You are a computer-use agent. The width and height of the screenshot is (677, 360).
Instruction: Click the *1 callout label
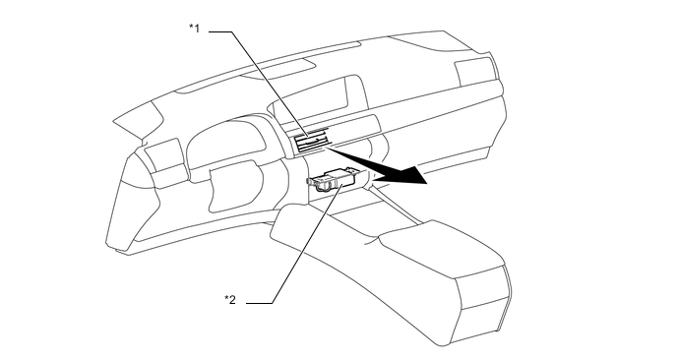point(195,29)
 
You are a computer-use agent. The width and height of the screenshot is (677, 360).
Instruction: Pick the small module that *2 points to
point(336,179)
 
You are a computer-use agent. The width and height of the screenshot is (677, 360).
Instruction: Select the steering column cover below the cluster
point(232,182)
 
